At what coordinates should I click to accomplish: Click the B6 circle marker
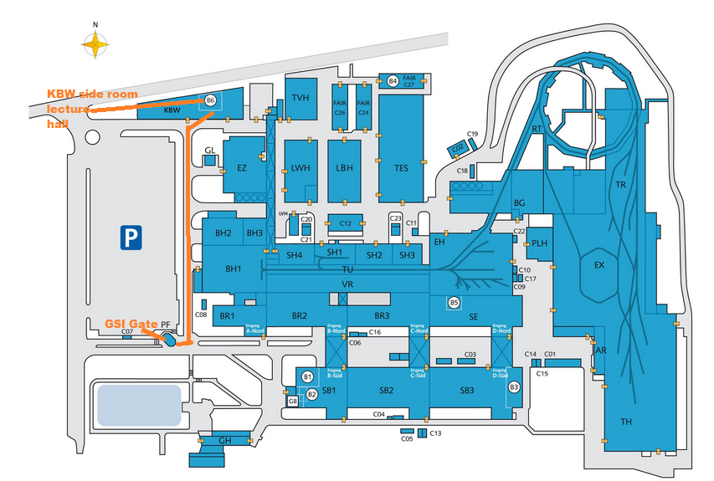[211, 100]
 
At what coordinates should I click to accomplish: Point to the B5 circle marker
[455, 303]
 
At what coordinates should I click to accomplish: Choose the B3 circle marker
[514, 386]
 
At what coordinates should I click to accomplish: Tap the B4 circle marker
[393, 81]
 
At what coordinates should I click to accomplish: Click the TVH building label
[300, 98]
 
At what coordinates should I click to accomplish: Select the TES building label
[401, 167]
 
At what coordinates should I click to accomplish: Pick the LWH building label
[300, 167]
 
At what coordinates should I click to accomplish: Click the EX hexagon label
[598, 265]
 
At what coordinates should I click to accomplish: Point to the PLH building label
[540, 243]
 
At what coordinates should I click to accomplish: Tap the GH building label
[223, 440]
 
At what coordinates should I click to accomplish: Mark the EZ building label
[242, 168]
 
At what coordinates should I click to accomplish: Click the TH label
[625, 421]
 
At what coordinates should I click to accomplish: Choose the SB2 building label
[386, 391]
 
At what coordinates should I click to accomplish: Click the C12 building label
[346, 223]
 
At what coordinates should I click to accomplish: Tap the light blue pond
[139, 404]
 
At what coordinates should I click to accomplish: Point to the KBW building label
[172, 110]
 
